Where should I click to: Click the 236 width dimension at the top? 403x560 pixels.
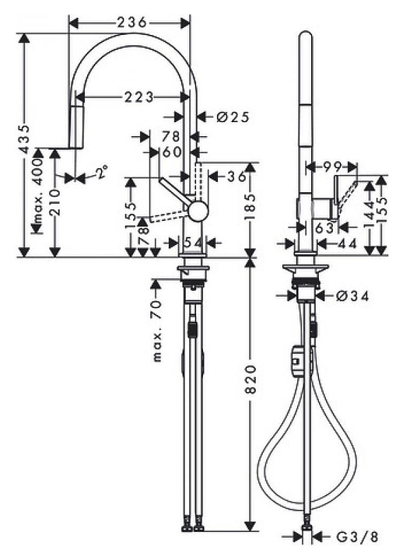coord(131,22)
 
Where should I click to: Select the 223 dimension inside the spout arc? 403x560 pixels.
coord(139,96)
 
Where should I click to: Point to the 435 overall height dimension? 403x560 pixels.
coord(24,139)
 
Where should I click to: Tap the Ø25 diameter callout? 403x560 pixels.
coord(233,117)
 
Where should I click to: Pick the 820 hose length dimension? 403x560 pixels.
coord(251,379)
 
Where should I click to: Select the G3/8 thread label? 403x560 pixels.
coord(357,537)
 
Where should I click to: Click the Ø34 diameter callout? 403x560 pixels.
coord(352,296)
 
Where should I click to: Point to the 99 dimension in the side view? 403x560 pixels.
coord(332,166)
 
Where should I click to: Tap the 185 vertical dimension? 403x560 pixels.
coord(251,207)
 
